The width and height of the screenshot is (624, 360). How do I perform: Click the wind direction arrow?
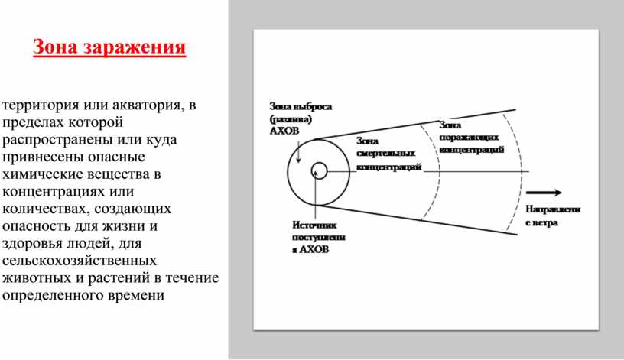(x=544, y=193)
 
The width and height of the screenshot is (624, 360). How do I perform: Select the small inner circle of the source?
(x=320, y=170)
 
